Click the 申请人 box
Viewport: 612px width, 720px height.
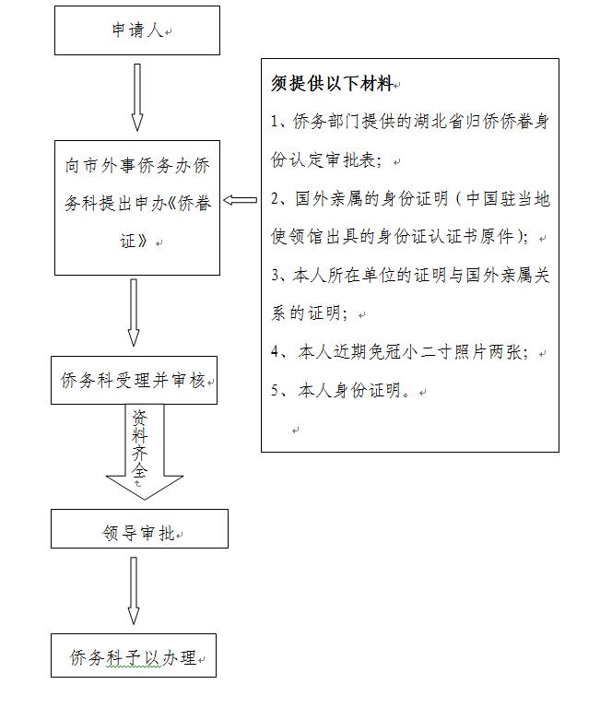(137, 30)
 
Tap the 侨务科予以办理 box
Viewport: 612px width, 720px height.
(134, 657)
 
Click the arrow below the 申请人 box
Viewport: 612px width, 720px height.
(137, 97)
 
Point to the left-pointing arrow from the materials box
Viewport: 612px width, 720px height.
(241, 200)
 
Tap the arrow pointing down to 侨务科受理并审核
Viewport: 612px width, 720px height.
(134, 313)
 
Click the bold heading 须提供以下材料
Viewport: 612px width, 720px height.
(331, 84)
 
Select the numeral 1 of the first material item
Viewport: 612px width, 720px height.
(276, 123)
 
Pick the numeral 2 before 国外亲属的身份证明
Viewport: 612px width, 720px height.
(276, 198)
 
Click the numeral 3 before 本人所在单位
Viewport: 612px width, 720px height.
(276, 276)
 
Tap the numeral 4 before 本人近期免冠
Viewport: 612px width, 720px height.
(276, 353)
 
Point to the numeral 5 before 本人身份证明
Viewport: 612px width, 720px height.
(276, 391)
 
